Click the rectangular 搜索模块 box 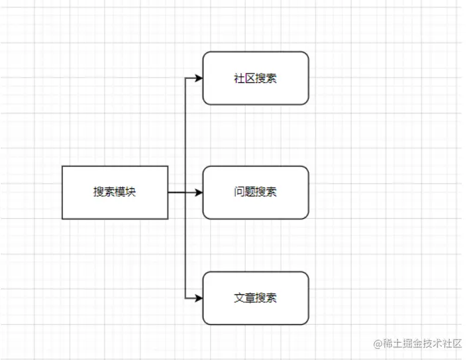coord(115,192)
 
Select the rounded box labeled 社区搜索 coord(256,78)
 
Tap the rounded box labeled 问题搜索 coord(256,192)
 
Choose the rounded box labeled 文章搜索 coord(256,298)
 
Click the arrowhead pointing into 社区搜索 coord(198,78)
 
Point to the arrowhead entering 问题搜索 coord(198,192)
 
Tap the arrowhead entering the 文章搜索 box coord(198,298)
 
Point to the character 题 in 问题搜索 coord(250,192)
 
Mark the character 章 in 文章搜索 coord(250,298)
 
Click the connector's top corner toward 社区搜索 coord(185,78)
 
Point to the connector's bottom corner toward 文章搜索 coord(185,298)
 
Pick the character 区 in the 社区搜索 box coord(250,78)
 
